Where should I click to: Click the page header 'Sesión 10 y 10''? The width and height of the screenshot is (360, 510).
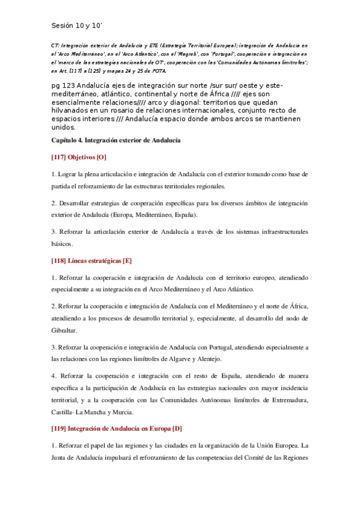[x=77, y=25]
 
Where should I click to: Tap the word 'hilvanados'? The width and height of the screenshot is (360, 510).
[x=72, y=111]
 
